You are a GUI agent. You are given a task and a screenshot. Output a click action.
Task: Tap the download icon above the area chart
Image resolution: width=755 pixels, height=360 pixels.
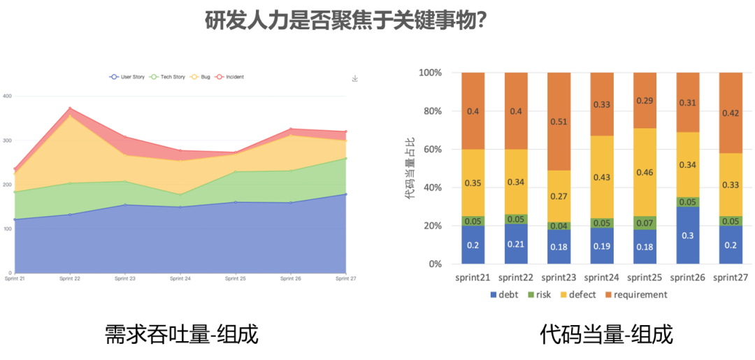pyautogui.click(x=355, y=79)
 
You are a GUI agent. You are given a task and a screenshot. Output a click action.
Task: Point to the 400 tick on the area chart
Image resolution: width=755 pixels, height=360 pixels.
pyautogui.click(x=7, y=96)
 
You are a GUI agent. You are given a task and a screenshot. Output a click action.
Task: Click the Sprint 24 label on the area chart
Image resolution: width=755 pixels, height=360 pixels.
pyautogui.click(x=180, y=278)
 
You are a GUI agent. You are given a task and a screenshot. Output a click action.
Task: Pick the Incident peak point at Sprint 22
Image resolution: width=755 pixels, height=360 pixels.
pyautogui.click(x=70, y=108)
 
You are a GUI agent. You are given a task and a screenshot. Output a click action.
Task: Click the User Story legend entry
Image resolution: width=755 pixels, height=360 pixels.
pyautogui.click(x=129, y=77)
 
